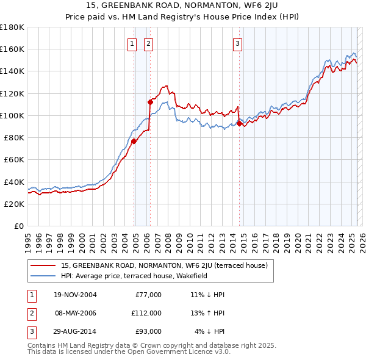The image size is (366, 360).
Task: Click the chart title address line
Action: point(183,6)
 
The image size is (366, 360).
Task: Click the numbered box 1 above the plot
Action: point(132,43)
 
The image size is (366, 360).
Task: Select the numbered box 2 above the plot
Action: point(148,43)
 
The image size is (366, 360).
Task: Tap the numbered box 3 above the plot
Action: point(237,43)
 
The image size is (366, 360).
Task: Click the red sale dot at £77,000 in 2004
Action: point(134,141)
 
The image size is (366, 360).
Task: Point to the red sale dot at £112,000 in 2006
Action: point(149,102)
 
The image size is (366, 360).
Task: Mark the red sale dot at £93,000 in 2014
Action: point(239,123)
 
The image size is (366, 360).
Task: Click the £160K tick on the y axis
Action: point(12,49)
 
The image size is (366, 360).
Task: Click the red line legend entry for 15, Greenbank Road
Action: point(168,265)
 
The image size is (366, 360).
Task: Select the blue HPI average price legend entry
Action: point(134,276)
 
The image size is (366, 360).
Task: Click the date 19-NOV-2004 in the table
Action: point(76,295)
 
